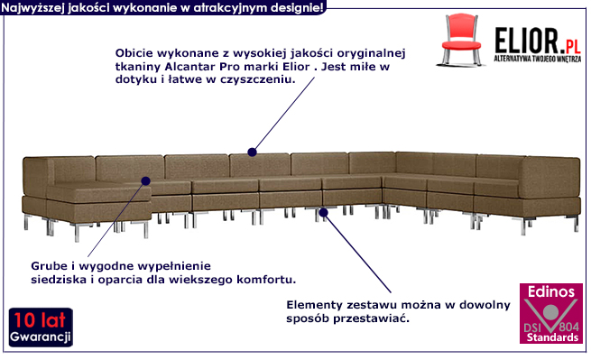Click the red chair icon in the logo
460,40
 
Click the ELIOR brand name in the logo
527,41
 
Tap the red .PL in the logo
570,47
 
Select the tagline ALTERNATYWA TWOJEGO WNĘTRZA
538,59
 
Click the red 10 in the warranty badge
25,320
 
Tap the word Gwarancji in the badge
41,337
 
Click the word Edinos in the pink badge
550,291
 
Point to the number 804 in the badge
568,327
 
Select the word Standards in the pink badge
552,337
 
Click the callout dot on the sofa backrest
252,152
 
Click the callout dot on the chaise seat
146,181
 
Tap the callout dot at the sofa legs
323,212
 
